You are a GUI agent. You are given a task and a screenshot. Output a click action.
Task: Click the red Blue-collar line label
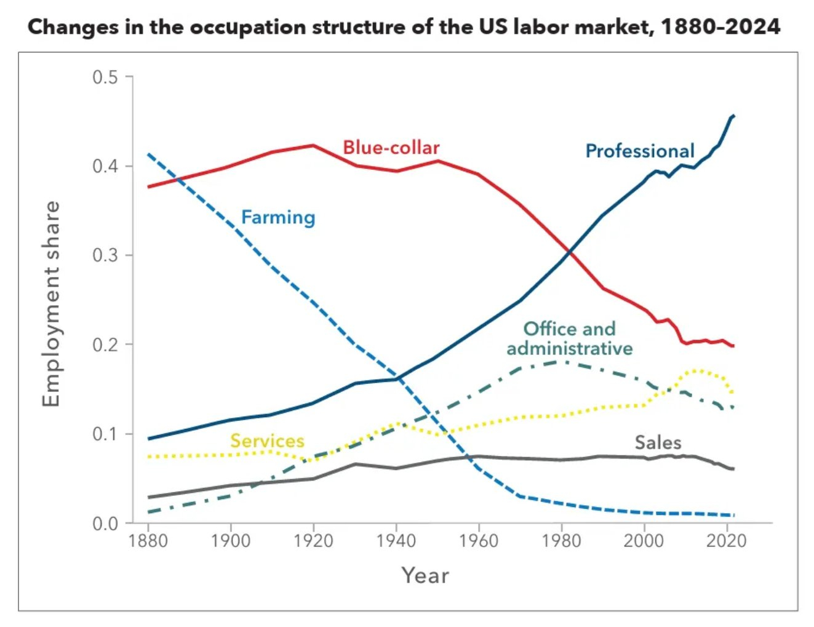pos(391,148)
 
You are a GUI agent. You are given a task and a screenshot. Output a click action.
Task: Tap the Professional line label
pos(640,151)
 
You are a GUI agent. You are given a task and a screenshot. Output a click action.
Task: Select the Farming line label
pos(278,217)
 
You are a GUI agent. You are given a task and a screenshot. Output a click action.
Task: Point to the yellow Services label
pos(267,441)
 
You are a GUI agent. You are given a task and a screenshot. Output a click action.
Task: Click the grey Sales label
pos(658,442)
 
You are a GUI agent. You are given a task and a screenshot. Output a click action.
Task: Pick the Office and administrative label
pos(569,338)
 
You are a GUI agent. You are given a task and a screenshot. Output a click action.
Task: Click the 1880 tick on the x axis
pos(148,541)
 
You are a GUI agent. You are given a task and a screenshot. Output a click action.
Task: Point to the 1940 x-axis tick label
pos(396,541)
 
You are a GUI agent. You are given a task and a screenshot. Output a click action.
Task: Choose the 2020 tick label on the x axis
pos(727,541)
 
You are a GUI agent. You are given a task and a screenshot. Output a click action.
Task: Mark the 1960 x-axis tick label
pos(479,541)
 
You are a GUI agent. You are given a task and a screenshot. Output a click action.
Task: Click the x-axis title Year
pos(425,575)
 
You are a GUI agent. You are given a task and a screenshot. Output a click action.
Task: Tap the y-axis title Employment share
pos(52,304)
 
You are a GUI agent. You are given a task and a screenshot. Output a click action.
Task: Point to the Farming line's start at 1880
pos(148,154)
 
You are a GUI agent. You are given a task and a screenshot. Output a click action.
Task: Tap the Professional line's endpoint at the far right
pos(733,115)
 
